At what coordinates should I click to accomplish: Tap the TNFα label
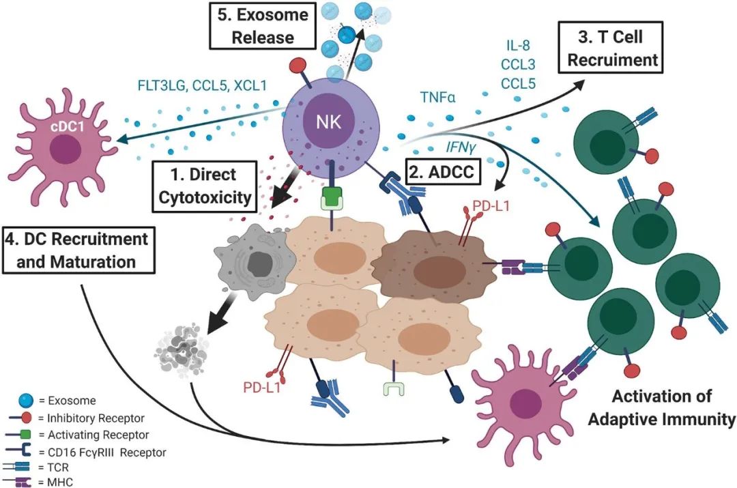coord(442,97)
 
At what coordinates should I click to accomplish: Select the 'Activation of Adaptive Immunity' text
coord(661,407)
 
